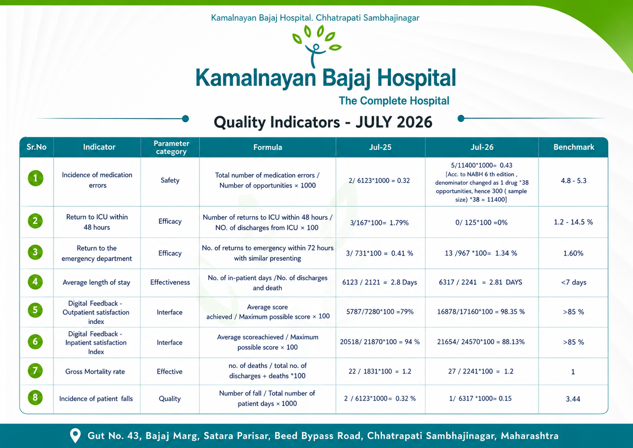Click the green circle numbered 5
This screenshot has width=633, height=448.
[35, 310]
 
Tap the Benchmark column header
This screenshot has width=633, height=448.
[574, 147]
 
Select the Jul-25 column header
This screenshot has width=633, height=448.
[380, 147]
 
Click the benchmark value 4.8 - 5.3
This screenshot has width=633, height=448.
[574, 180]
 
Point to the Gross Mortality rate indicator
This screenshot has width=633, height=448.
[95, 372]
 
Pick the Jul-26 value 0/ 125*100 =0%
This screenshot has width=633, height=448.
[481, 223]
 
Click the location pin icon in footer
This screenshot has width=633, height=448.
[75, 436]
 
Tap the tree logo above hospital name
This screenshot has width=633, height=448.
[317, 46]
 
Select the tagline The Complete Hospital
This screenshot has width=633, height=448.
[394, 101]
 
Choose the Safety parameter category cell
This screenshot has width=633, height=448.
[170, 180]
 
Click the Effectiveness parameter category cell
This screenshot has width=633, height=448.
[170, 282]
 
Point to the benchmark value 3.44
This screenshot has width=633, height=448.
[573, 399]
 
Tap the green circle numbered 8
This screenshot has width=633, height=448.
[35, 397]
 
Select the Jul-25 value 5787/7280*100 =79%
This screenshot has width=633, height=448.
[380, 312]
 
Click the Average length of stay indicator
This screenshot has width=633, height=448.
[96, 282]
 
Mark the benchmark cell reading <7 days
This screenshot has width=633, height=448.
[574, 282]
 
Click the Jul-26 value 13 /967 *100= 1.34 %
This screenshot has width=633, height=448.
[481, 253]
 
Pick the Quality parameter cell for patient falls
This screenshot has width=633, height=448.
[169, 399]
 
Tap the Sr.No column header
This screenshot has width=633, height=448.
[37, 147]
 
